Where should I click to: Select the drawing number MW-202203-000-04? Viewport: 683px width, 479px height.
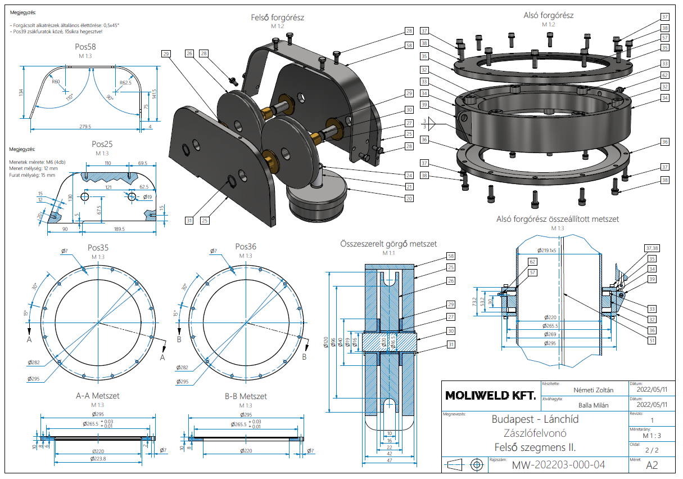coord(558,465)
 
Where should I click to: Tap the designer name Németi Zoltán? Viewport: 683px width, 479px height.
coord(593,390)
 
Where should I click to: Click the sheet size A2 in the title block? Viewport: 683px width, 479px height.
coord(652,465)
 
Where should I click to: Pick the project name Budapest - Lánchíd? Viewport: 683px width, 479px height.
coord(535,419)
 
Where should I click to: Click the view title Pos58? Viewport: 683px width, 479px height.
coord(85,47)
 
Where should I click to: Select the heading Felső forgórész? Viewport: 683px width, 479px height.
coord(277,17)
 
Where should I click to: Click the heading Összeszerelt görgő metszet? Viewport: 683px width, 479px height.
coord(388,244)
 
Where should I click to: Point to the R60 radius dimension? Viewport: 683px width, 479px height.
coord(56,82)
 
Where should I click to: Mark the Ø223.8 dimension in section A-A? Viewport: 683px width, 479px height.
coord(98,459)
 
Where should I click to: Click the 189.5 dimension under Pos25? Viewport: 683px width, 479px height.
coord(119,229)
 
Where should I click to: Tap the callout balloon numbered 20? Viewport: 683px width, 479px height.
coord(409,198)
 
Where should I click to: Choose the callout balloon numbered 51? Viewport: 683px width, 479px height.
coord(651,340)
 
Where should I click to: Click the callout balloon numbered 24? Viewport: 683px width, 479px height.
coord(409,175)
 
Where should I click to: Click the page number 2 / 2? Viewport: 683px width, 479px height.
coord(652,450)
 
